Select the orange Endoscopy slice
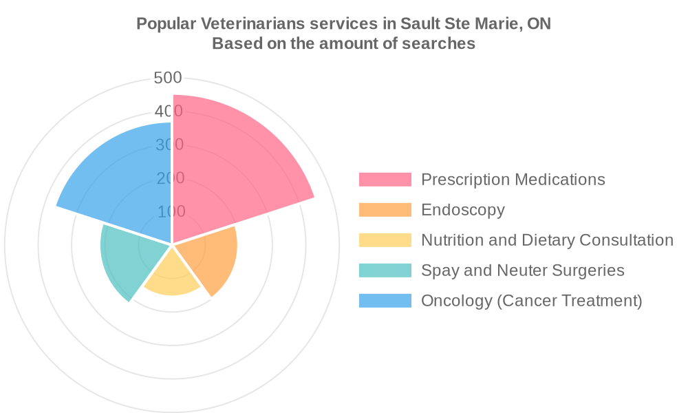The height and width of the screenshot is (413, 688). click(x=210, y=258)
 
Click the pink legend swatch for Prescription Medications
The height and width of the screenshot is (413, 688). click(x=385, y=180)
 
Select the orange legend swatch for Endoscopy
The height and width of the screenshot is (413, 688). click(x=385, y=210)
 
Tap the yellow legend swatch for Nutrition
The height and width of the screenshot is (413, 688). click(x=385, y=240)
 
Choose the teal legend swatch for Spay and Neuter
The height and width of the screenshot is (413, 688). click(x=385, y=271)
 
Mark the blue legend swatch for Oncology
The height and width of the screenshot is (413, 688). click(x=385, y=301)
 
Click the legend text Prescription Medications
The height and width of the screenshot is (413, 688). click(x=513, y=180)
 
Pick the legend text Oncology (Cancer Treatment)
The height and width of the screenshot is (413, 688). click(x=531, y=301)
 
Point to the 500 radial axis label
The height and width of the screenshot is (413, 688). click(x=168, y=78)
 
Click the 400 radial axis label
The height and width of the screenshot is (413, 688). click(x=168, y=112)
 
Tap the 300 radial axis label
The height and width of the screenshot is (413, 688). click(x=169, y=145)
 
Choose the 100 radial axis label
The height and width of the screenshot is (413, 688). click(x=171, y=211)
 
